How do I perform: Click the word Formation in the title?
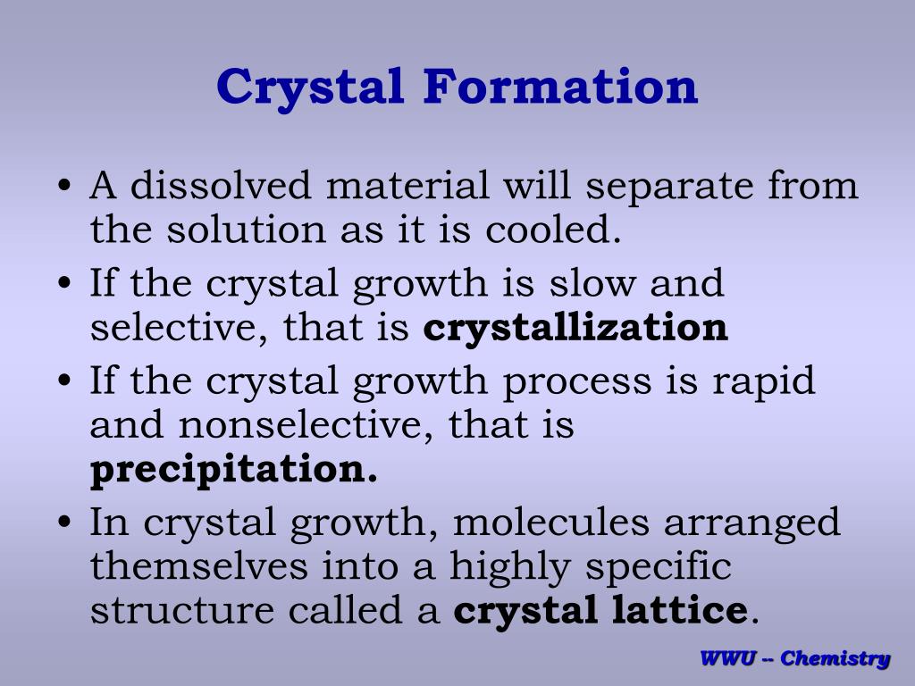pos(559,87)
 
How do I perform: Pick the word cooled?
pos(552,230)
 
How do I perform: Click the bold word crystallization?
pos(575,328)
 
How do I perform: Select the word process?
pos(576,381)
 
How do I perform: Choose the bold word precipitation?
pos(233,470)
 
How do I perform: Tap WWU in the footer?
pos(726,659)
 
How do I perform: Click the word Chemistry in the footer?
pos(835,659)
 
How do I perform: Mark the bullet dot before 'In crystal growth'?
pos(64,524)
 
